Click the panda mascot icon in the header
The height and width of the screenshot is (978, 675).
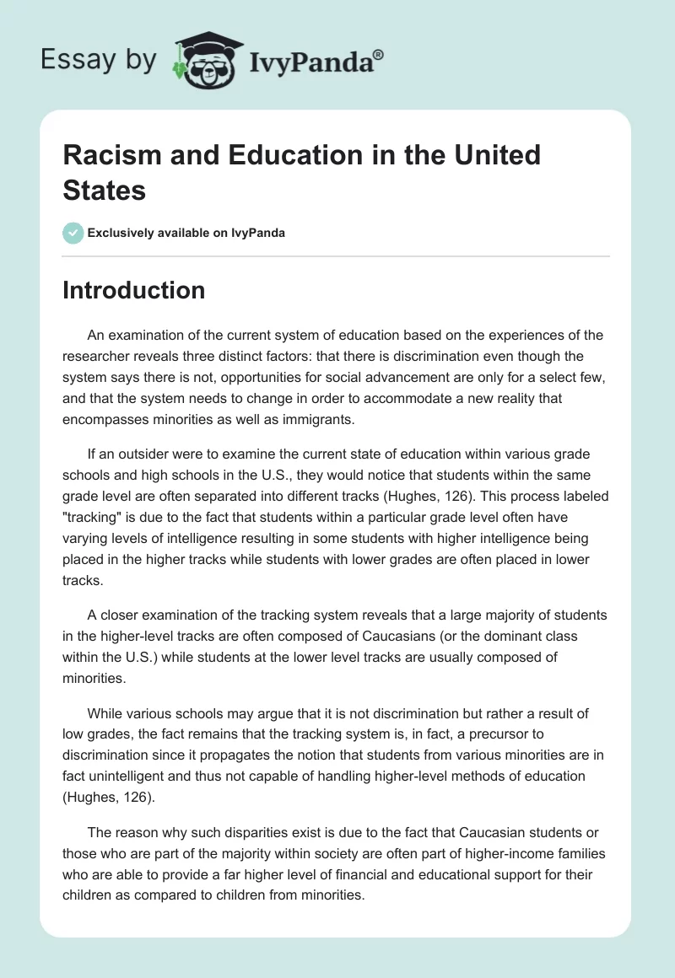202,61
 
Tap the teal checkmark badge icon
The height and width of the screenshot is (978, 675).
73,233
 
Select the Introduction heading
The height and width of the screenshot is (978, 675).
134,290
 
